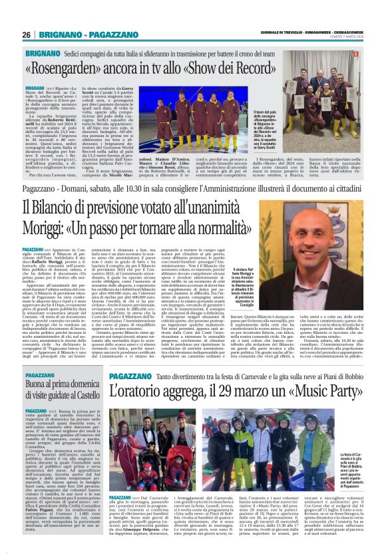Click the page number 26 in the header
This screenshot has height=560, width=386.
[27, 34]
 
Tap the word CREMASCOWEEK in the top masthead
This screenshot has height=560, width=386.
[348, 32]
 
